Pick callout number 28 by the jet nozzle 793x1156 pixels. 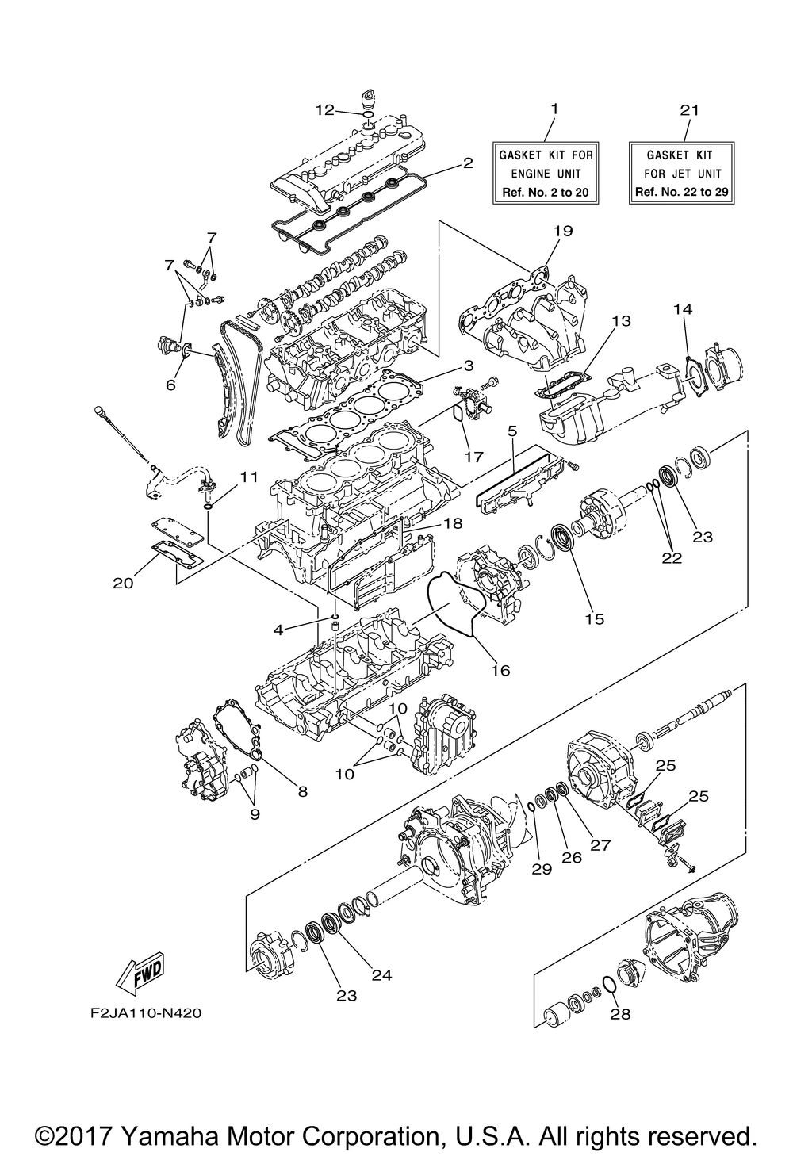click(620, 1013)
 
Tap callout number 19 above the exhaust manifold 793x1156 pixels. click(563, 231)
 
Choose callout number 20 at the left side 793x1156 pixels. click(122, 582)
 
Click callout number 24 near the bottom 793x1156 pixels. click(381, 975)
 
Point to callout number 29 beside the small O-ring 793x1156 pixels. click(542, 869)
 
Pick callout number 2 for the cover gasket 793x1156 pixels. click(468, 163)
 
